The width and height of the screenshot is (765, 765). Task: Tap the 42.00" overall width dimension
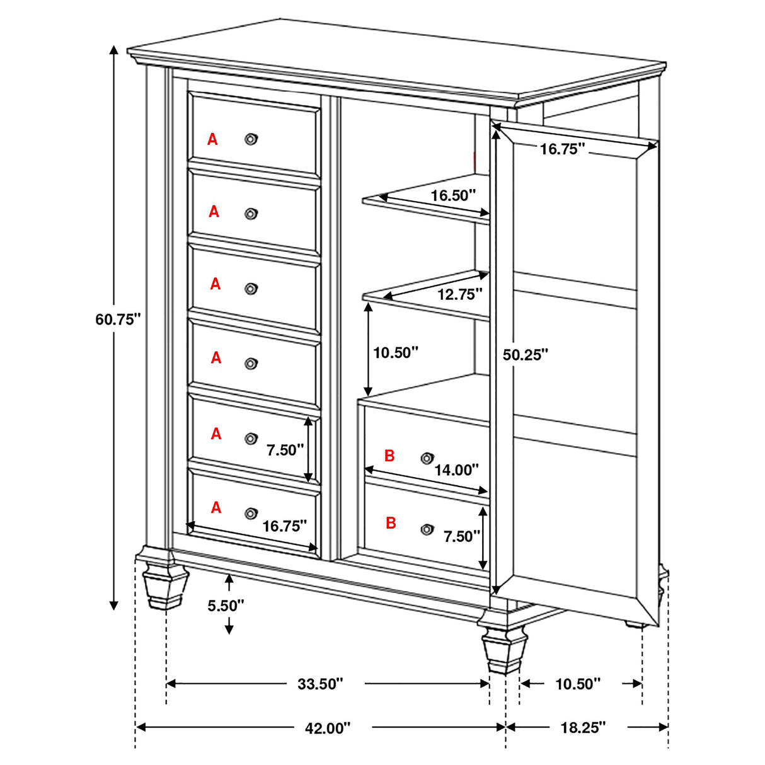(327, 728)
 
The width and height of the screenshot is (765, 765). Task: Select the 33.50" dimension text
(320, 684)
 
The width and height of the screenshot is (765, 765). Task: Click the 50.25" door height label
(526, 355)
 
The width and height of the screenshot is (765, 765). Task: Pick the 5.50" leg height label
(226, 606)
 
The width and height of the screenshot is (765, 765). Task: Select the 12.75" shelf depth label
(460, 294)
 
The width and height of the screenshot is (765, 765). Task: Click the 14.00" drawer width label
(456, 469)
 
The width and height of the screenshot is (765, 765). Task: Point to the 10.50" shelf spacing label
(396, 352)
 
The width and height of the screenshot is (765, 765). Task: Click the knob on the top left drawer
(251, 139)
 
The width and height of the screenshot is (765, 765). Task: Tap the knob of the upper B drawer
(427, 457)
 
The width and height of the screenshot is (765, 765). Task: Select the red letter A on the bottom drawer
(216, 507)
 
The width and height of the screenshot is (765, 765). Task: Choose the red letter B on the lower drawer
(391, 522)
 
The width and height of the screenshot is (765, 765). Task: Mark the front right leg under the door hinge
(504, 649)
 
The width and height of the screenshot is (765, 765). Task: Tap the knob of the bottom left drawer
(251, 513)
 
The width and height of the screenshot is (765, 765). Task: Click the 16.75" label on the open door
(563, 149)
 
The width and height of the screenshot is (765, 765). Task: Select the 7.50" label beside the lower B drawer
(462, 536)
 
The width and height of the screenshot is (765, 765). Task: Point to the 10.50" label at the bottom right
(578, 684)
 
